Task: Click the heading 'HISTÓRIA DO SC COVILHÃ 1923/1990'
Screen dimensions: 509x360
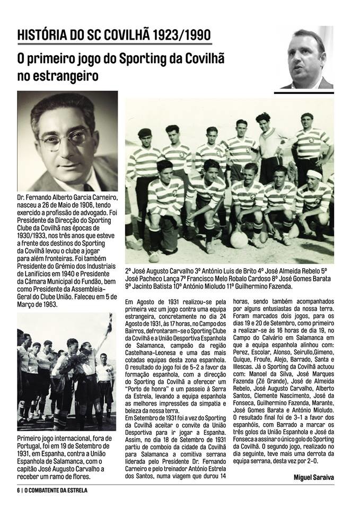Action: point(114,36)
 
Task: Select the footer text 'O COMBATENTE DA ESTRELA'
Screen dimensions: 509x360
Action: point(56,490)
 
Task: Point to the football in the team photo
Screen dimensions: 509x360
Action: point(239,240)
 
